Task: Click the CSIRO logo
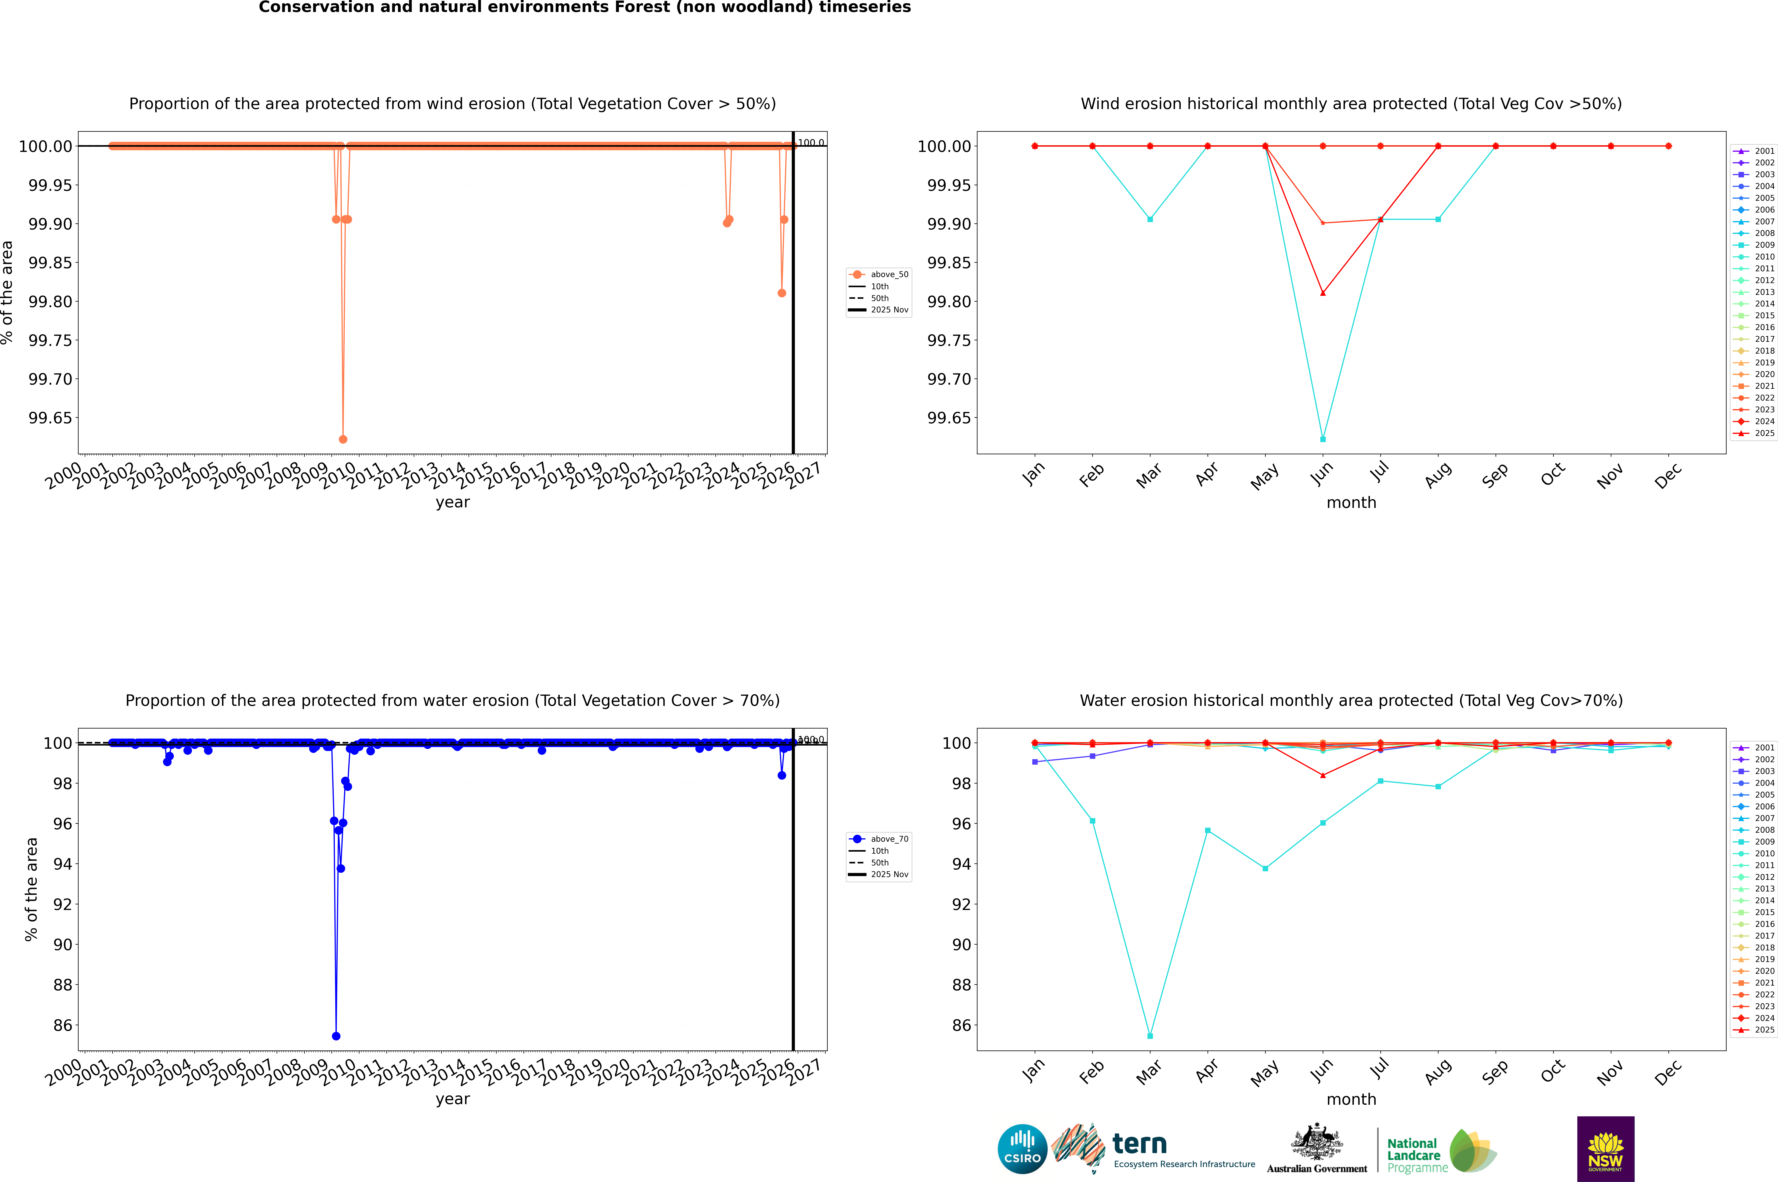coord(1022,1149)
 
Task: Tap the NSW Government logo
coord(1605,1149)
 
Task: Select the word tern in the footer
coord(1140,1144)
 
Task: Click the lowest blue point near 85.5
coord(336,1036)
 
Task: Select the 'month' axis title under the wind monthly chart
coord(1351,503)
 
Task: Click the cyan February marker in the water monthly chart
coord(1092,821)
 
